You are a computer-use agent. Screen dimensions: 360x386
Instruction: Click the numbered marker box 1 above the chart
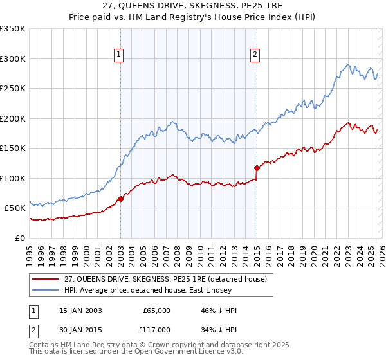120,55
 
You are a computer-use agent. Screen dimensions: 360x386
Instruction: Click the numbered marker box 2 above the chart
255,55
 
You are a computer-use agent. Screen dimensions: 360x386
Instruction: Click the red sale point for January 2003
120,199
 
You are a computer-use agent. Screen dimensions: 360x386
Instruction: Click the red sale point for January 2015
257,168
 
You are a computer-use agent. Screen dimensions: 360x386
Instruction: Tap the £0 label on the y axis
20,238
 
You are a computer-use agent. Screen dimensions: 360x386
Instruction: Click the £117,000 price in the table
156,330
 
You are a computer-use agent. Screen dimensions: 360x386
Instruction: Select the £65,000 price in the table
156,310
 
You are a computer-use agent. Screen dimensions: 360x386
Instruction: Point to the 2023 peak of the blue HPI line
348,64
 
